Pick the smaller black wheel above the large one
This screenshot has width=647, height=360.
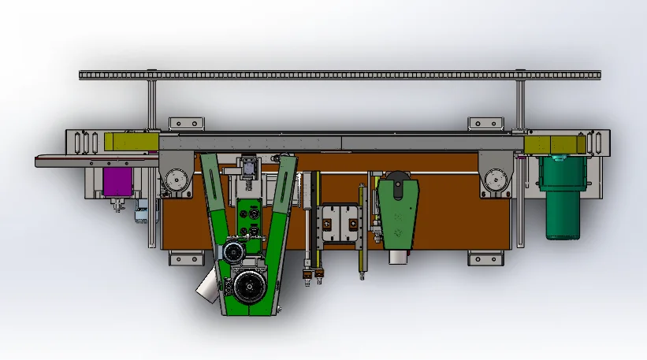[x=232, y=252]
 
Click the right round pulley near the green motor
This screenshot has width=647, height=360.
[x=495, y=180]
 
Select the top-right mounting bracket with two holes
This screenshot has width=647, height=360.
[x=485, y=123]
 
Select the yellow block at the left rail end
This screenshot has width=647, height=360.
[x=130, y=141]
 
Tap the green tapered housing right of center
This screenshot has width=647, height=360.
[x=399, y=209]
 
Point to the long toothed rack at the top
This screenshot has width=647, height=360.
[x=339, y=75]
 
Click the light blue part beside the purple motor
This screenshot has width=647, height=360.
[x=143, y=213]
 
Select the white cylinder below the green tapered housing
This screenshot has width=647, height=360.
[x=396, y=258]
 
